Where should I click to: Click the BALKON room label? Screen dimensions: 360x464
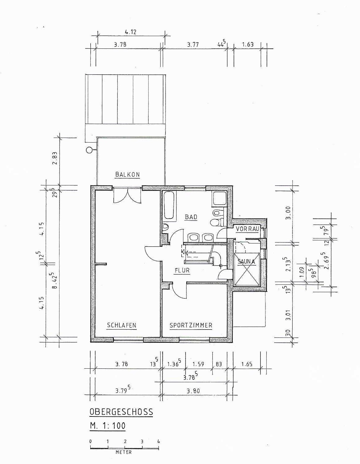[128, 174]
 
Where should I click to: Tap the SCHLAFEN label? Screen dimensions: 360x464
[121, 325]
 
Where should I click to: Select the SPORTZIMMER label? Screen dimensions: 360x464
[191, 325]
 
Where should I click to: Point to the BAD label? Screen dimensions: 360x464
[191, 217]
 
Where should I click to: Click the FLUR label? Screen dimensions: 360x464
[182, 271]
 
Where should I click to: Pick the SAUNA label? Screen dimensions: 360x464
[246, 261]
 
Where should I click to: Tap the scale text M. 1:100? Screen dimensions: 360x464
[108, 425]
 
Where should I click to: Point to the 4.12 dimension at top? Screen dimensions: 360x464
[130, 32]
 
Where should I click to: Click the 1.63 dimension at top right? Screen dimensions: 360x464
[248, 45]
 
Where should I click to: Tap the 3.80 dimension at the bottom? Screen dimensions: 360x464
[193, 391]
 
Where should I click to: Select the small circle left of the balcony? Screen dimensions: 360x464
[89, 150]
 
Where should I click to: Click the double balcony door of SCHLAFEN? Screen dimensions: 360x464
[127, 195]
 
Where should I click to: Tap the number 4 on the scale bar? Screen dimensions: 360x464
[158, 441]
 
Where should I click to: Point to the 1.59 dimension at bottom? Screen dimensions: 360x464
[198, 364]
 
